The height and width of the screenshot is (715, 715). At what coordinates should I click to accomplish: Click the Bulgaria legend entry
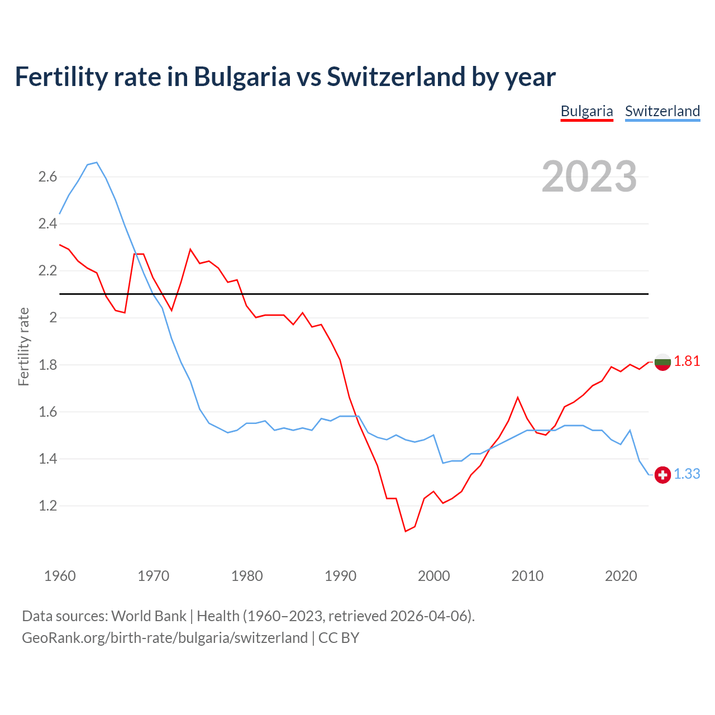tap(587, 111)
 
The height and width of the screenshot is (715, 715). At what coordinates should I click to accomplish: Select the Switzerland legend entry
tap(662, 111)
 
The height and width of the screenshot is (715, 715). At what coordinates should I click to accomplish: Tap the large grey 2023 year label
tap(589, 177)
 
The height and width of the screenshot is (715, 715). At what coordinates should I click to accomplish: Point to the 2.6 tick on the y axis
tap(47, 177)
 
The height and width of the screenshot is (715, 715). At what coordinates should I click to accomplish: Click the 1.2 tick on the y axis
tap(47, 506)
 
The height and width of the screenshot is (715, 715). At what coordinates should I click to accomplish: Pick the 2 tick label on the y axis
tap(54, 318)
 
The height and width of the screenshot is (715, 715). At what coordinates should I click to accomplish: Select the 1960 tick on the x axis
tap(60, 576)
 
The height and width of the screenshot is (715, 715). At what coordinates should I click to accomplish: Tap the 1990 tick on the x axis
tap(340, 576)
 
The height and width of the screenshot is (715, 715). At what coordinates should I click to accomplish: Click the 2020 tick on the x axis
tap(621, 576)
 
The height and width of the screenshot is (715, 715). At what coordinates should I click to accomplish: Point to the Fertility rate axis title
tap(23, 346)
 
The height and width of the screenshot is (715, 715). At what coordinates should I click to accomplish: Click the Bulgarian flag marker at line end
tap(662, 362)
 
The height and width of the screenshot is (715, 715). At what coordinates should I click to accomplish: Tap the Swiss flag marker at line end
tap(662, 475)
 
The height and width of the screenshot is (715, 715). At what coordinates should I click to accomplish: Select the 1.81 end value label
tap(687, 361)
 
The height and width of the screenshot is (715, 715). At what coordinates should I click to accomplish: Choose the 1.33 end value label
tap(687, 474)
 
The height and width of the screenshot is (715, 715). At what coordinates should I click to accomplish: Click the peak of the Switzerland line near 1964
tap(97, 163)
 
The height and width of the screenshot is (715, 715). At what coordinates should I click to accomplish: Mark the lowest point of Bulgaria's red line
tap(406, 531)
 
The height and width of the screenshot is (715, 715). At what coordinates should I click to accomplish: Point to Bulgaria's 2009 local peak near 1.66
tap(518, 397)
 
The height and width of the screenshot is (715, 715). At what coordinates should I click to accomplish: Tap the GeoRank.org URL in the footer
tap(165, 638)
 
